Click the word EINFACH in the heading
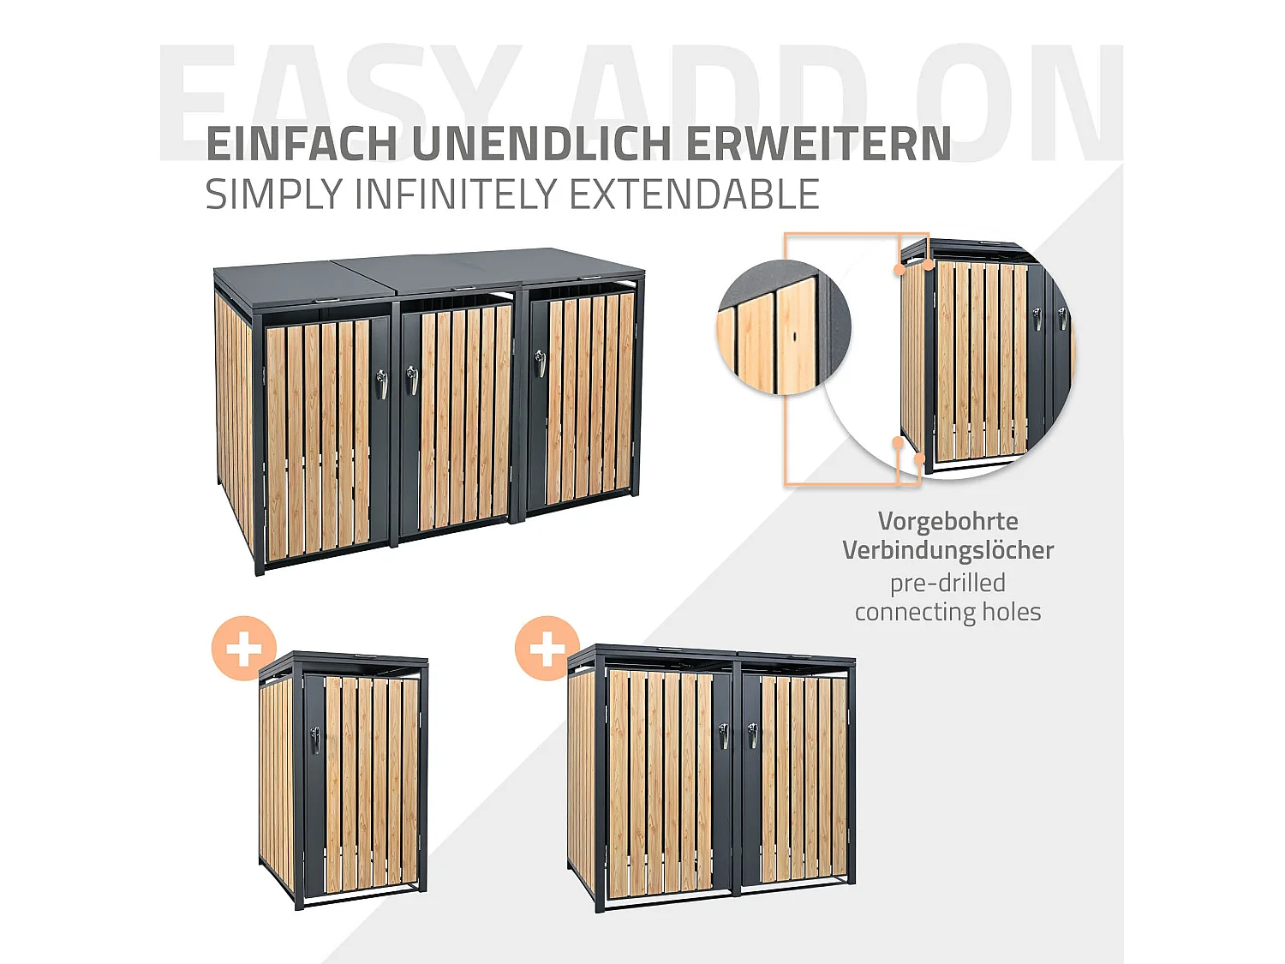click(x=302, y=144)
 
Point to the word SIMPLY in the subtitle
click(x=273, y=195)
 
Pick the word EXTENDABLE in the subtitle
click(x=694, y=195)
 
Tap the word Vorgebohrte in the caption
click(x=947, y=521)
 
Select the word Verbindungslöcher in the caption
click(x=947, y=550)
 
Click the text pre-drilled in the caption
click(x=947, y=583)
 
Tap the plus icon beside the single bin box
click(x=244, y=648)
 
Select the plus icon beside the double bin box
click(x=547, y=648)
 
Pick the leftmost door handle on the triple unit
click(x=382, y=383)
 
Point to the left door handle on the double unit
click(x=725, y=735)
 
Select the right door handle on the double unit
click(x=753, y=733)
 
